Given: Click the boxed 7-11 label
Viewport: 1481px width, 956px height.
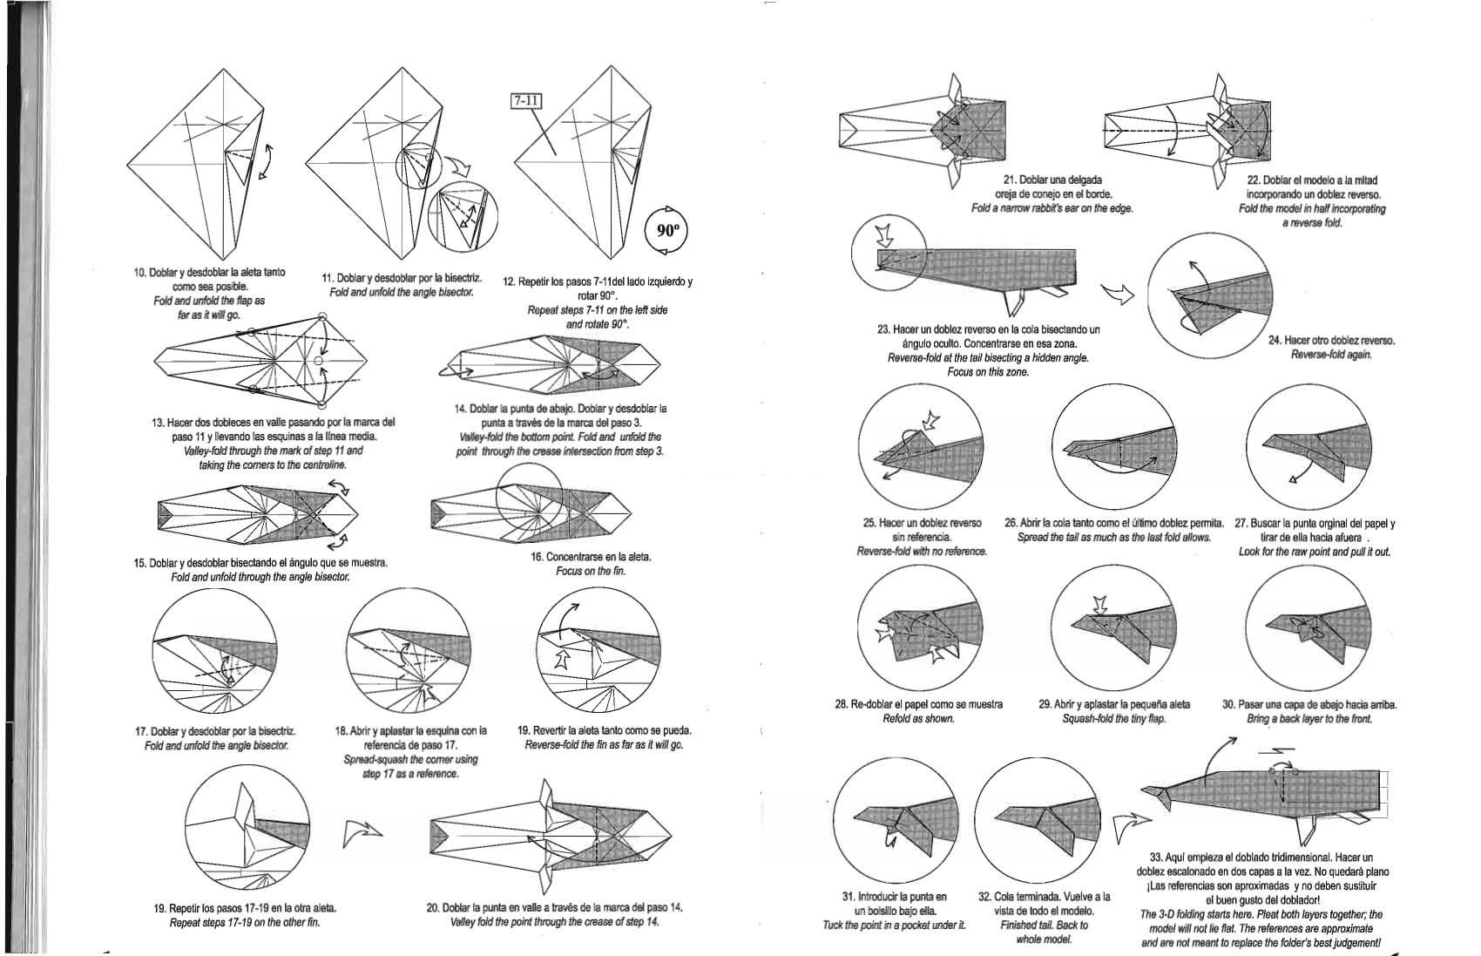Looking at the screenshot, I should (x=526, y=101).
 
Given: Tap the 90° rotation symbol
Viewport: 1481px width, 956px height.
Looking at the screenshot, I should (x=666, y=230).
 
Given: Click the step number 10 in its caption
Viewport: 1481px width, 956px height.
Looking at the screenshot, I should (x=139, y=273).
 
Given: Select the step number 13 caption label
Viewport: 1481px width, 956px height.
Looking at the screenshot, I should (x=159, y=423).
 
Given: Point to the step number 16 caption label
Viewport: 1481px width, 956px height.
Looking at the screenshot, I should (x=538, y=557).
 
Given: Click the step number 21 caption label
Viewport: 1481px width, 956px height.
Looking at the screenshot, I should (x=1011, y=180).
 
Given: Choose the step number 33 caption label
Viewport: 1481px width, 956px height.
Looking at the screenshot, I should (x=1159, y=858).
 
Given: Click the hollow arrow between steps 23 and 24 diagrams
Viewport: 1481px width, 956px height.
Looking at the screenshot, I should (x=1119, y=295).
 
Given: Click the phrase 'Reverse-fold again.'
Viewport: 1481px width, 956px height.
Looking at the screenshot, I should (x=1331, y=354).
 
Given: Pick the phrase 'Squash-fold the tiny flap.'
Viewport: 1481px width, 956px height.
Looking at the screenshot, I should (x=1113, y=718).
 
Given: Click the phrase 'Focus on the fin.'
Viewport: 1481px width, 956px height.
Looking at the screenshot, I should (x=591, y=571).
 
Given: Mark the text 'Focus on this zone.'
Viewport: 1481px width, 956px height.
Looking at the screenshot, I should (x=988, y=372).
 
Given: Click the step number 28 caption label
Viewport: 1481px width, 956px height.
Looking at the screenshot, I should (x=842, y=704).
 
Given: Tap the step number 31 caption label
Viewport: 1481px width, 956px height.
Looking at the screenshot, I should (x=849, y=896).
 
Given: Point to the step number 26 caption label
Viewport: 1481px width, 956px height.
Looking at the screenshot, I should (x=1011, y=523).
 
